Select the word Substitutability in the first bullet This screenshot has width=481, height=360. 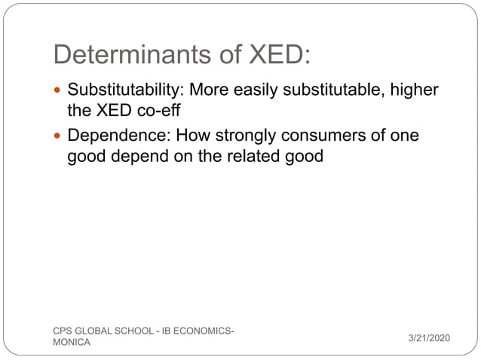coord(125,90)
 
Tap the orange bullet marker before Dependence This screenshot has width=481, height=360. coord(59,137)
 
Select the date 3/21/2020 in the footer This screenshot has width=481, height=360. coord(428,337)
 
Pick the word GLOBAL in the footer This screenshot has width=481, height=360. coord(93,331)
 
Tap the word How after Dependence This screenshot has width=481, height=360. coord(198,136)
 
